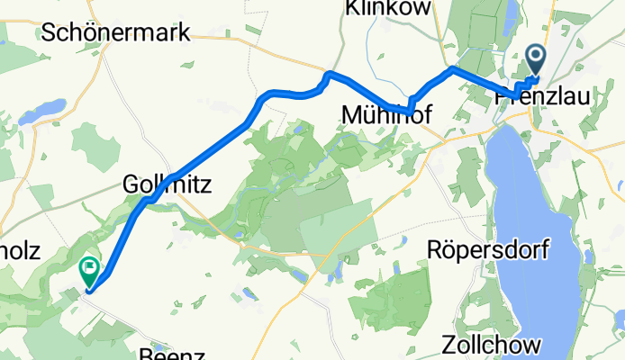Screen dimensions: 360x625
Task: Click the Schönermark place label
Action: click(x=116, y=33)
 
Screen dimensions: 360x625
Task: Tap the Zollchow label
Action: click(x=492, y=346)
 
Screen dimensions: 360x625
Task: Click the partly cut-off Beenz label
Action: click(x=165, y=354)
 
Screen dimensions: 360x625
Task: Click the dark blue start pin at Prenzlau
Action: click(x=536, y=60)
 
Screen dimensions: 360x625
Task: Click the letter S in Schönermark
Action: click(x=50, y=33)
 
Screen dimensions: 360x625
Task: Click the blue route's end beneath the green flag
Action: click(x=89, y=289)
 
